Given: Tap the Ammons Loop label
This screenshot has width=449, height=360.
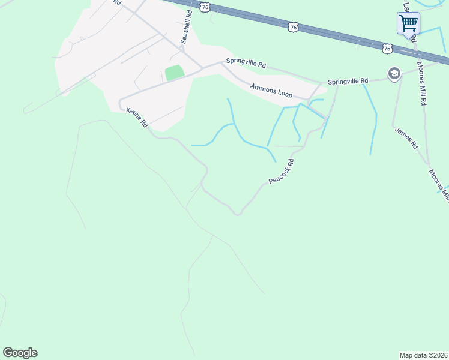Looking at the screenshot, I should [271, 91].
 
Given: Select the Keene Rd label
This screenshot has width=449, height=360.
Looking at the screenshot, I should [137, 118].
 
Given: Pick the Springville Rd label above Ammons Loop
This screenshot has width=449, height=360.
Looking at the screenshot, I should [246, 61].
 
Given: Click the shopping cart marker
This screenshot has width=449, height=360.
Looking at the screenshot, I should [408, 24].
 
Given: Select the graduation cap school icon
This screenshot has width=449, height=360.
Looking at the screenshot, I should [394, 73].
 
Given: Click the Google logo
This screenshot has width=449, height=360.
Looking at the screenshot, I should [20, 353].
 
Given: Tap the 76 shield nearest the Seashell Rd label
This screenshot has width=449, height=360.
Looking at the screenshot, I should [206, 7].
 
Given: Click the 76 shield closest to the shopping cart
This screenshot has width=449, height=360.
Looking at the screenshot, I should [387, 47].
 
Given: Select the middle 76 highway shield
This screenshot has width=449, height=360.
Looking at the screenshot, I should [293, 26].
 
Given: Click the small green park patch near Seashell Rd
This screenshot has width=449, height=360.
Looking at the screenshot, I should [174, 73].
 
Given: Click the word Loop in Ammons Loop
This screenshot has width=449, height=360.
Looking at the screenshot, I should [283, 94].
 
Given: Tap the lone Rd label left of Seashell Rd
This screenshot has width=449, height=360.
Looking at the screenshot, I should [116, 2].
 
